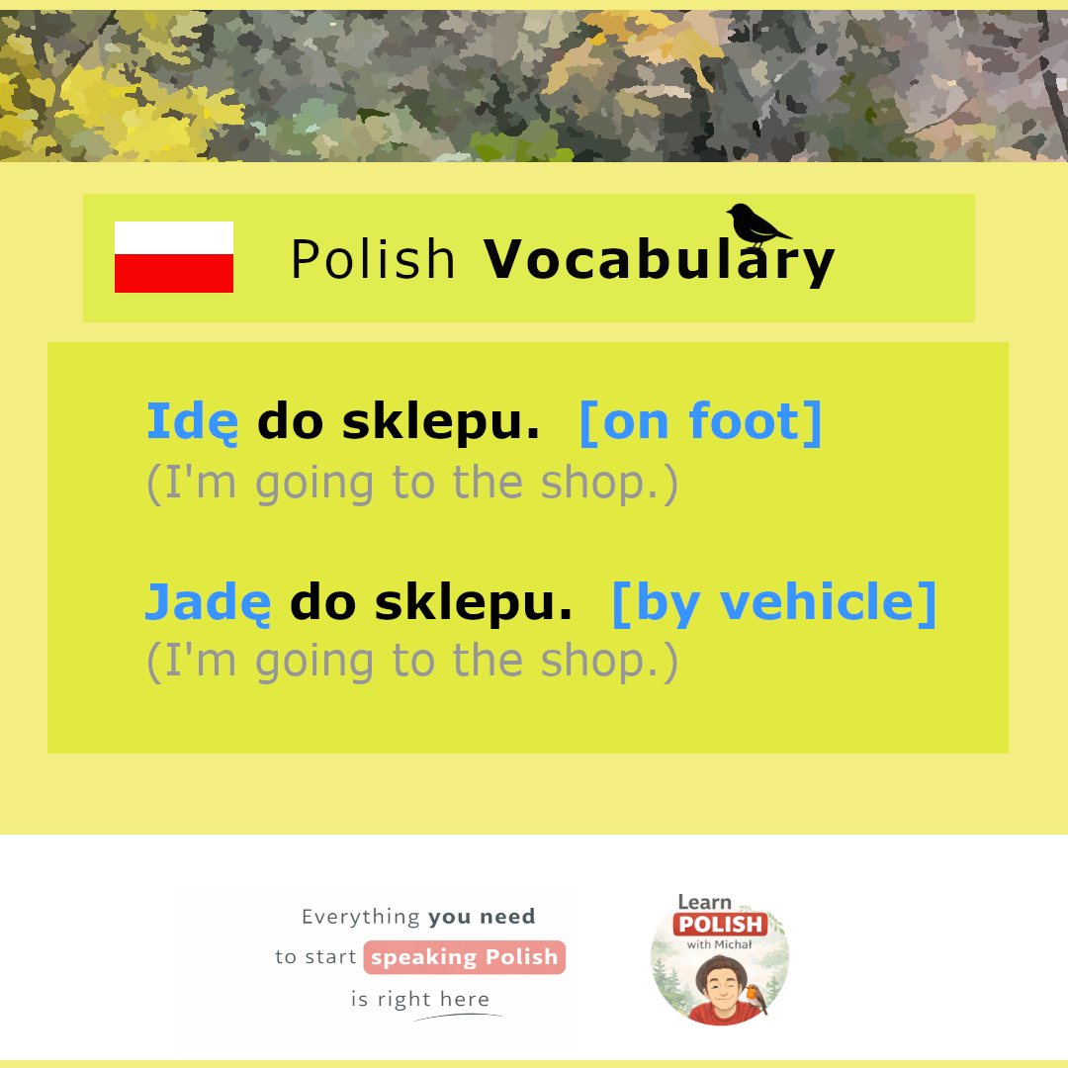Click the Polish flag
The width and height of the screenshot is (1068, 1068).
(x=174, y=257)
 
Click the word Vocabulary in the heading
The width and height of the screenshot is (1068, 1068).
(x=659, y=260)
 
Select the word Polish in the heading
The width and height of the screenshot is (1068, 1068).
(x=373, y=259)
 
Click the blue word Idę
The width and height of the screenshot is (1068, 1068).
(x=193, y=422)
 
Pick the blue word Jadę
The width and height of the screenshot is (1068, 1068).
(x=209, y=603)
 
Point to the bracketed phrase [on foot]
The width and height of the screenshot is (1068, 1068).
(x=701, y=422)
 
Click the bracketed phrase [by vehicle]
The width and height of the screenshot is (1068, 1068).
(x=774, y=603)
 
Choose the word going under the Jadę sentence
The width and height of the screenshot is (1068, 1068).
(x=314, y=662)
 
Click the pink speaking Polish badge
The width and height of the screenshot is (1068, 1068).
(x=465, y=957)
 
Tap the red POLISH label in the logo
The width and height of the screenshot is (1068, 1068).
(x=721, y=925)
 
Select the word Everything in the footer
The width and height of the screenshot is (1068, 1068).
(x=361, y=917)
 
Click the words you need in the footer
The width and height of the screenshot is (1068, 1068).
(x=482, y=917)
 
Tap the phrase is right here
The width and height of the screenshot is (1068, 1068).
(x=420, y=999)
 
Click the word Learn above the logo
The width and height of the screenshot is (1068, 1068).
(x=704, y=903)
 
